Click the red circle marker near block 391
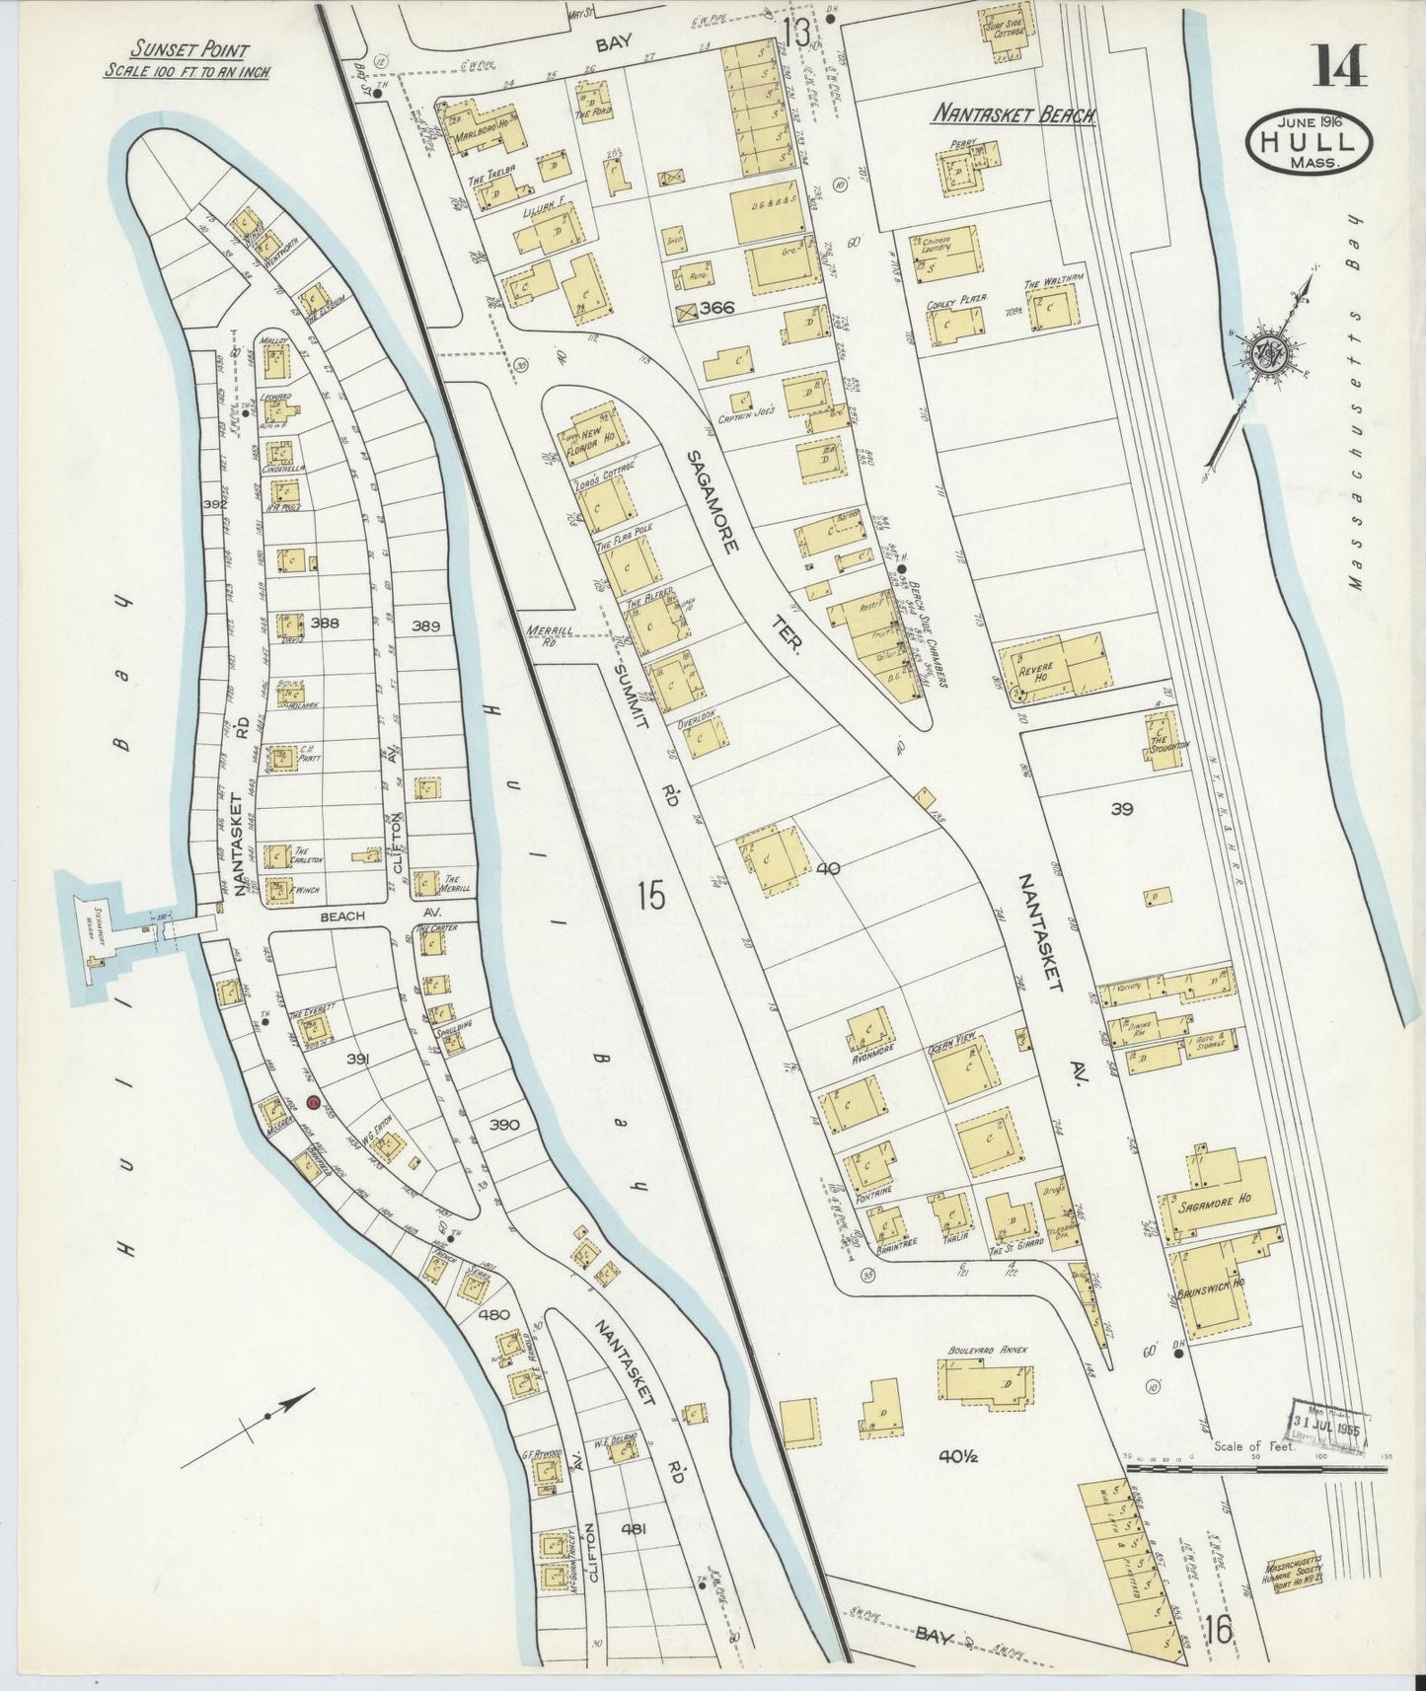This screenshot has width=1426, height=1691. pos(313,1102)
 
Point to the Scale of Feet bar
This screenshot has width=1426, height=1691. pos(1255,1469)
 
